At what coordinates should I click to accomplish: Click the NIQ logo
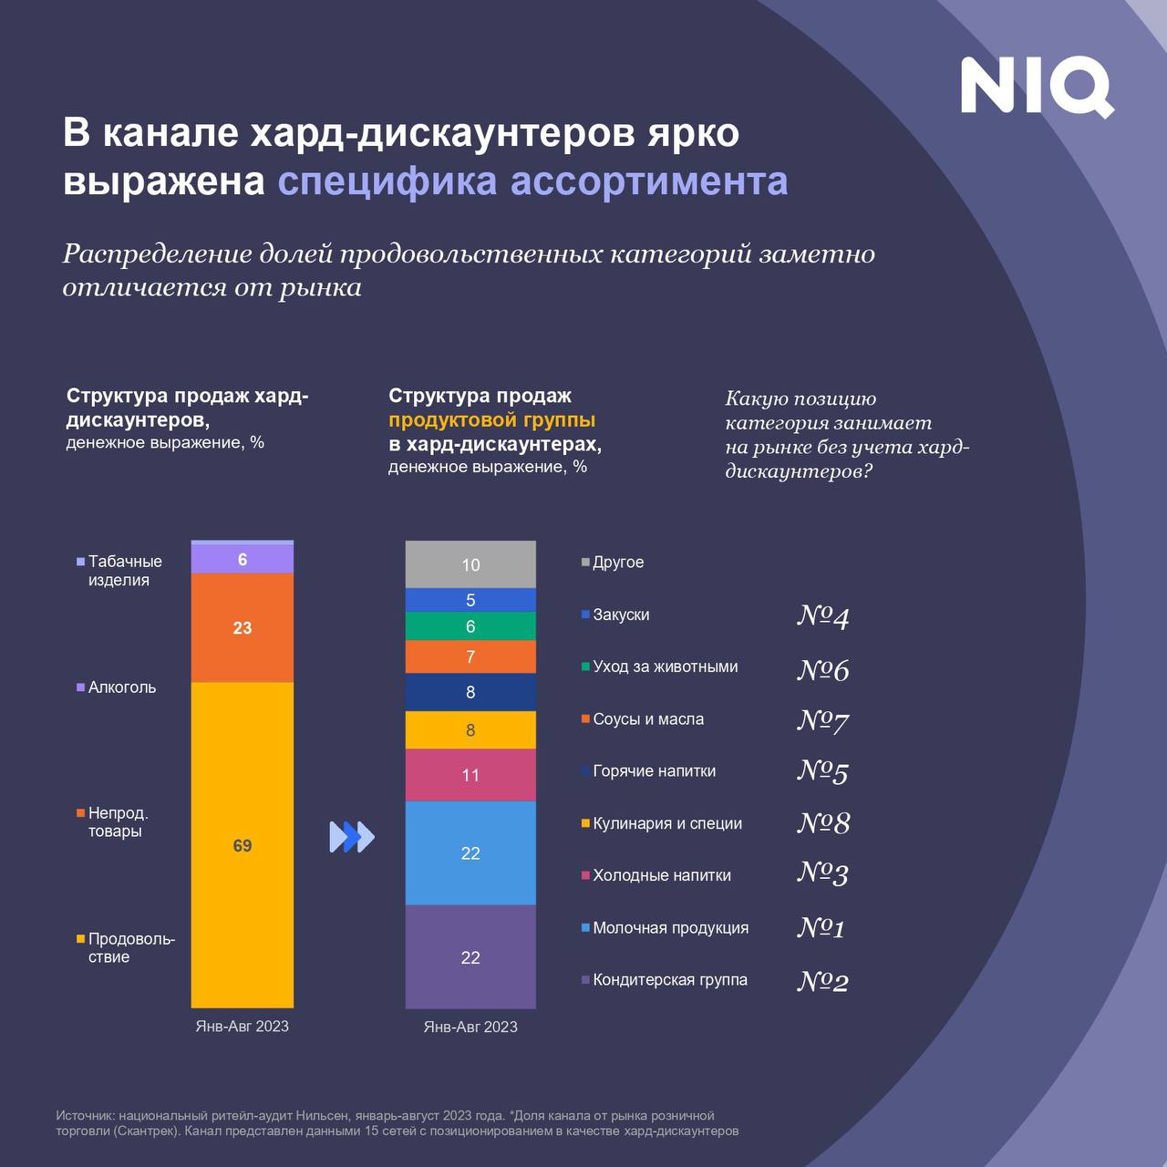click(1037, 87)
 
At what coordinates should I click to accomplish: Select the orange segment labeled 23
click(243, 628)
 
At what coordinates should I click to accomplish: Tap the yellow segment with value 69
click(243, 845)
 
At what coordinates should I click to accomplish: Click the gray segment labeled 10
click(470, 564)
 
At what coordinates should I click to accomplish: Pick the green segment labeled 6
click(470, 626)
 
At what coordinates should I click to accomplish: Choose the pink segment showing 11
click(470, 775)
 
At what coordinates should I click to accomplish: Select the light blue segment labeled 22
click(470, 852)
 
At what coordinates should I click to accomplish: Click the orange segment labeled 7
click(470, 656)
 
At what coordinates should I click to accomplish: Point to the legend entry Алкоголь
click(121, 687)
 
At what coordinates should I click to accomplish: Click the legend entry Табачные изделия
click(124, 571)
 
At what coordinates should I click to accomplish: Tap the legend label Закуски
click(621, 614)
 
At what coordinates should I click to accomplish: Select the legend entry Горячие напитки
click(654, 771)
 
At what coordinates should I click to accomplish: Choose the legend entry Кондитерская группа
click(669, 980)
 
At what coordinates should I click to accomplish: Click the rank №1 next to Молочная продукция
click(821, 928)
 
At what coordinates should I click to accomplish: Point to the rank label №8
click(823, 823)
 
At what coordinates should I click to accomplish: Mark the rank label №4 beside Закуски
click(823, 617)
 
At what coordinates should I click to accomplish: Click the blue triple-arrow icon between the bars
click(352, 837)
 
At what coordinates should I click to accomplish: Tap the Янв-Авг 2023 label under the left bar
click(243, 1027)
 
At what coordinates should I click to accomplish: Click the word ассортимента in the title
click(649, 181)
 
